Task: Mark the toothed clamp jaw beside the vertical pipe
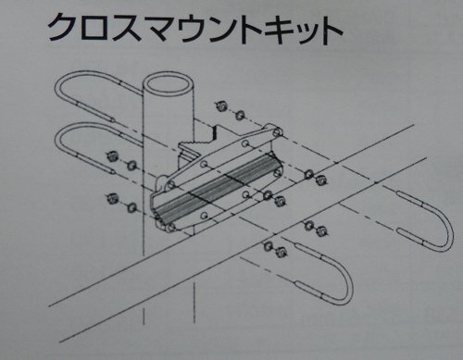coord(196,143)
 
